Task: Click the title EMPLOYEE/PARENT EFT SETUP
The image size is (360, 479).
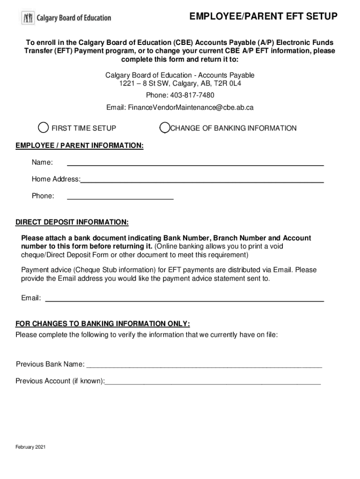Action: [x=263, y=17]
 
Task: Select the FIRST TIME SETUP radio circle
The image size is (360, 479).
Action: [x=43, y=128]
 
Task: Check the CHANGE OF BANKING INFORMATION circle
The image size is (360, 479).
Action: [x=165, y=128]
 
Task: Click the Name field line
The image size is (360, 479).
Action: [x=195, y=165]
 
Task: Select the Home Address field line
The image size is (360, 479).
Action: [x=202, y=181]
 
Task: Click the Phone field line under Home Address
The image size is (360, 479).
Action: [x=120, y=199]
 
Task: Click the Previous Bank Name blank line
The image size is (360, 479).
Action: [x=204, y=366]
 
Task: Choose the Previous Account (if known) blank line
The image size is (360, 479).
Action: [x=213, y=383]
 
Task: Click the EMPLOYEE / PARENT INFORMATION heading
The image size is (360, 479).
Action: [x=79, y=145]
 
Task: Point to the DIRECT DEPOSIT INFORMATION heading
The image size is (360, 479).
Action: [x=72, y=221]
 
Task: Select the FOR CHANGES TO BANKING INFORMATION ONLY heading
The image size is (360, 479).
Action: [x=102, y=324]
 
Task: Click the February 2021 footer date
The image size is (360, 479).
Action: [x=30, y=447]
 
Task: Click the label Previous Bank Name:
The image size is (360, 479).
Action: [x=50, y=364]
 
